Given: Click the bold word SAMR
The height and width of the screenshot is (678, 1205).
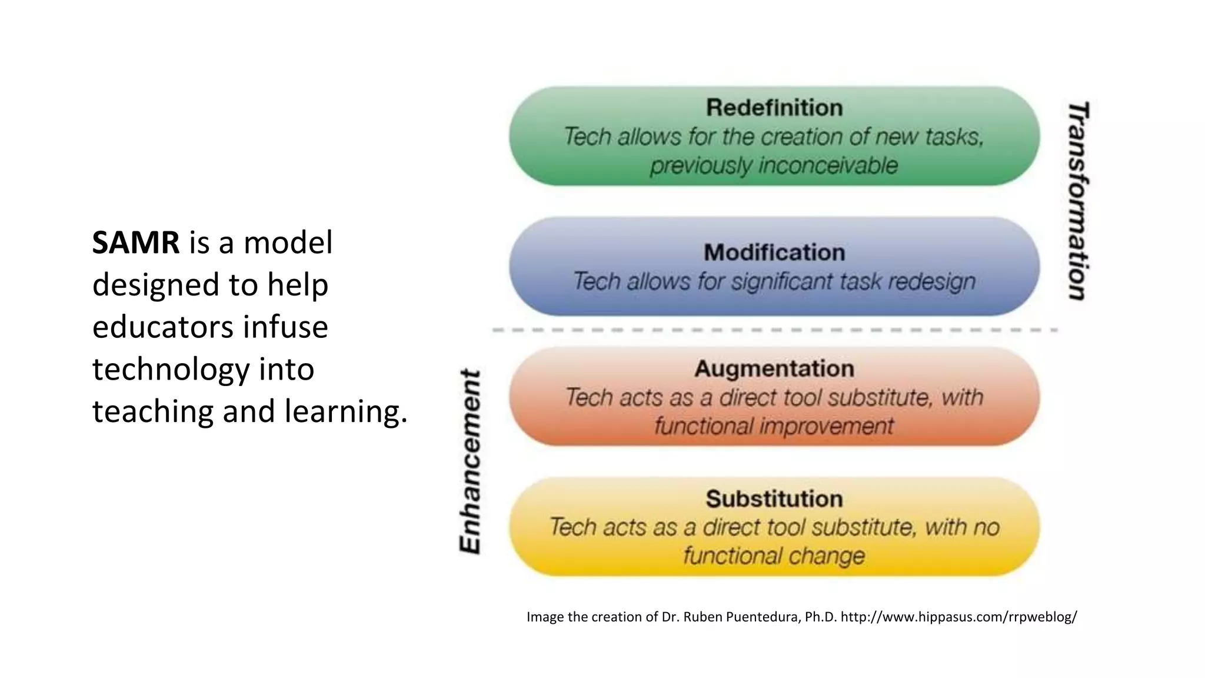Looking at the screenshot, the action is tap(136, 242).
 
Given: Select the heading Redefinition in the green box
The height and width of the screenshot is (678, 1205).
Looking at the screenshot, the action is tap(774, 108).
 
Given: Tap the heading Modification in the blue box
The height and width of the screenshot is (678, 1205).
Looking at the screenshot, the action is tap(774, 252).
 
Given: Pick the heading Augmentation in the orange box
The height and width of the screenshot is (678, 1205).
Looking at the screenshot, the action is tap(774, 368).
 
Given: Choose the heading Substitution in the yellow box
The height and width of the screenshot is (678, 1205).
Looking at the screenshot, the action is tap(774, 499).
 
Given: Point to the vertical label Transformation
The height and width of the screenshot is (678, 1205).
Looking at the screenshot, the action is tap(1078, 201).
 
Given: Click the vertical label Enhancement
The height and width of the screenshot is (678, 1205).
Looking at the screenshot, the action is tap(470, 461).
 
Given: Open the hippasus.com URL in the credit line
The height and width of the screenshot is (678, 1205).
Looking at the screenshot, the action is tap(958, 617).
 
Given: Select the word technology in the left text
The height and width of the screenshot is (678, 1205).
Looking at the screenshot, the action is tap(171, 370).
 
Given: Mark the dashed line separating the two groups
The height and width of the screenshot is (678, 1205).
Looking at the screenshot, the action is tap(774, 330).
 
